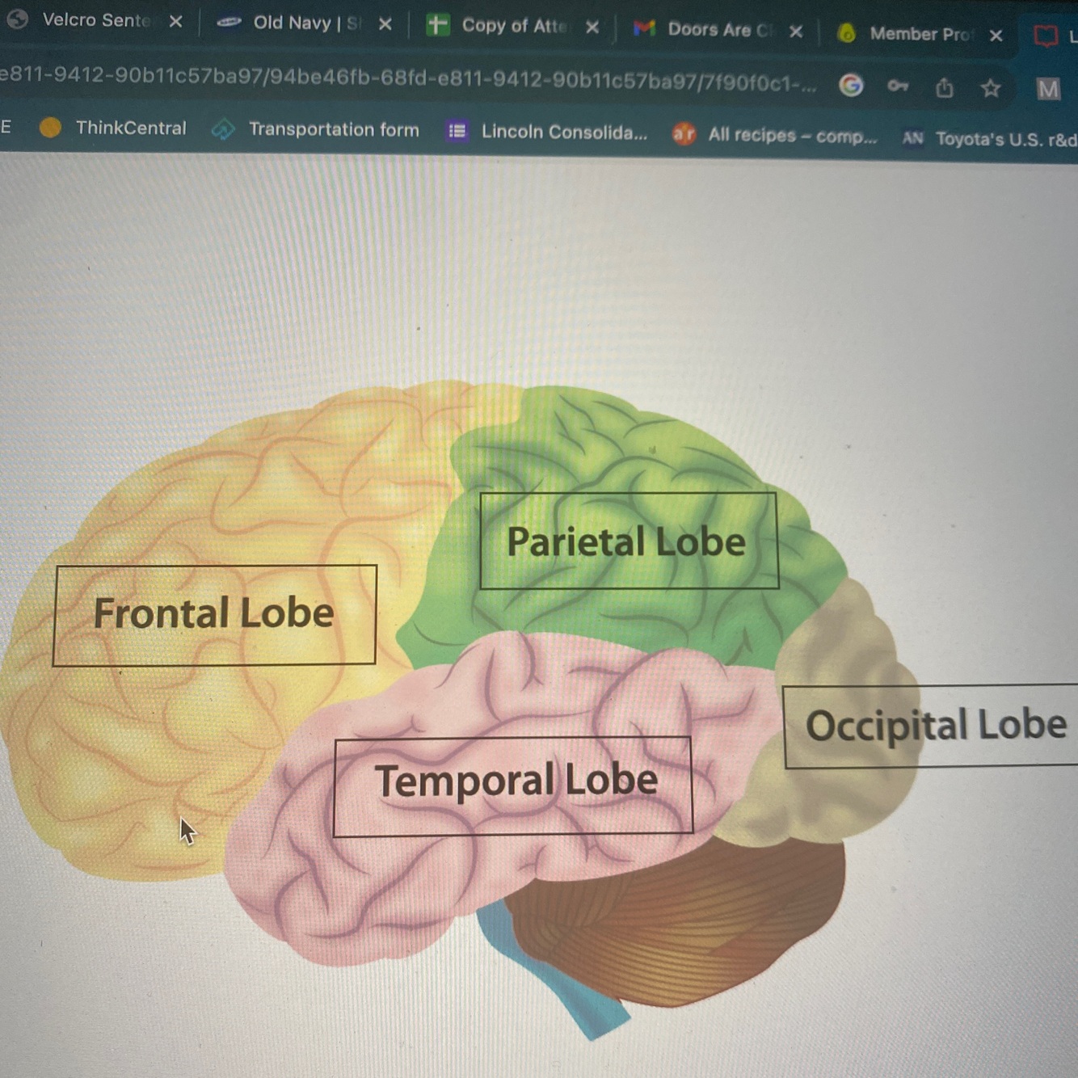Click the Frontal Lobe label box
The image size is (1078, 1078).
click(x=214, y=614)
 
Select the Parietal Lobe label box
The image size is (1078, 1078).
click(x=628, y=541)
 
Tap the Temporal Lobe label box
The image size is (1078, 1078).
click(x=513, y=784)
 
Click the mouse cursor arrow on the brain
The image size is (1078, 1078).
click(x=187, y=830)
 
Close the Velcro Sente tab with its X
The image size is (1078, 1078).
click(x=175, y=21)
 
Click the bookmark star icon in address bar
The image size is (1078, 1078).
click(x=991, y=87)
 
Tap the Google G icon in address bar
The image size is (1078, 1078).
click(x=851, y=84)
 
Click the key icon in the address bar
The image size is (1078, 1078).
click(x=898, y=85)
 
